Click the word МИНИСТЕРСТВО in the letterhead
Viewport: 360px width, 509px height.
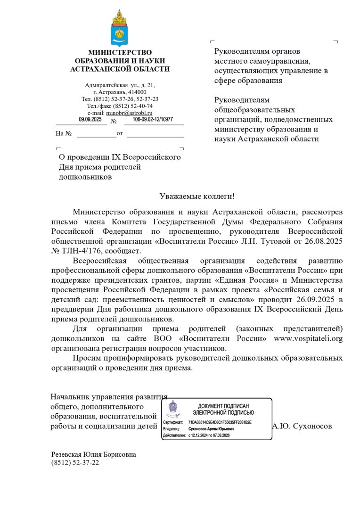pos(120,52)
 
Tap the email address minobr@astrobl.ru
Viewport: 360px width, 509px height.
pos(129,113)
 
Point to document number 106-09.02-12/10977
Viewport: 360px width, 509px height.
pos(153,120)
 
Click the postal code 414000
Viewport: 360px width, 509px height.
pos(135,92)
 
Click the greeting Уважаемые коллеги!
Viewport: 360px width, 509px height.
pos(197,196)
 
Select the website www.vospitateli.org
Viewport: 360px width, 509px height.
pos(308,338)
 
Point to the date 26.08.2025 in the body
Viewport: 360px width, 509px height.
pos(322,241)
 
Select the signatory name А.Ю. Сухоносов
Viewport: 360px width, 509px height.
pos(302,426)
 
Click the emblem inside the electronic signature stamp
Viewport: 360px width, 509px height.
pos(173,408)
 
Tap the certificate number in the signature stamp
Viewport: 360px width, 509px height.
pos(220,422)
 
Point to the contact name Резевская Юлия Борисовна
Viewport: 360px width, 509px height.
pos(94,454)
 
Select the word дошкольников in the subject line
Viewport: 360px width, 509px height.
pos(85,177)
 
